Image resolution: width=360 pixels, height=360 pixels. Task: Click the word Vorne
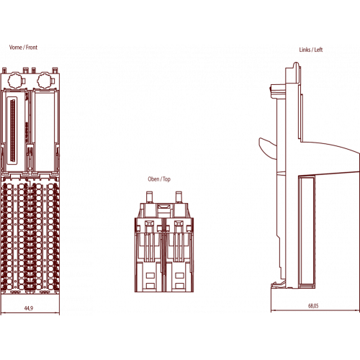point(16,48)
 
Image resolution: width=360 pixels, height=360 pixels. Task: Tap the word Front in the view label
point(32,48)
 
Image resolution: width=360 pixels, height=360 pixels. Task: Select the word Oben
point(153,179)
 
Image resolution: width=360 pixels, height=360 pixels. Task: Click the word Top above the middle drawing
point(166,179)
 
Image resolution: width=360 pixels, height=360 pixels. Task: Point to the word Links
point(305,50)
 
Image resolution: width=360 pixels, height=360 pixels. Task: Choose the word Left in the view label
point(318,50)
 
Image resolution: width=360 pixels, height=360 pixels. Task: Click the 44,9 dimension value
point(29,308)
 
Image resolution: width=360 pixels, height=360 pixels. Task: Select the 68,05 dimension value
point(313,306)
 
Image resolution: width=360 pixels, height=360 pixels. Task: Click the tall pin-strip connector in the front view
point(12,130)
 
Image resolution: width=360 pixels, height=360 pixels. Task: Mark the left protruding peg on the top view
point(149,197)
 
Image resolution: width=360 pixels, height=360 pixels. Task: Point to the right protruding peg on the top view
point(179,197)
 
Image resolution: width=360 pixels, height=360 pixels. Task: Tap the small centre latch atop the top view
point(164,207)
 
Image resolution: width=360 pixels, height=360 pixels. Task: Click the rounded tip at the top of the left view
point(296,64)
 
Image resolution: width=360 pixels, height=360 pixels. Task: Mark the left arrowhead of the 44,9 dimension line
point(3,313)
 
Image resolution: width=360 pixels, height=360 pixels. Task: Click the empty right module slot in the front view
point(44,132)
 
